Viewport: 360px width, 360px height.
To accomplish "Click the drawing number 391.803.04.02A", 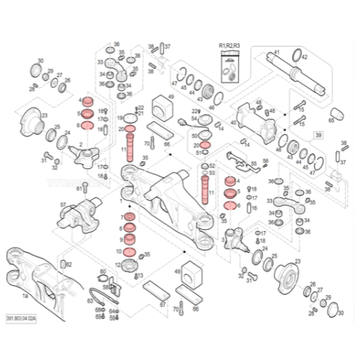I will point(21,318).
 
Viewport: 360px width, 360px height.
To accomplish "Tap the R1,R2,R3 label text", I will point(230,45).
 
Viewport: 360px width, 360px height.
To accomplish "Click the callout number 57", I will point(63,204).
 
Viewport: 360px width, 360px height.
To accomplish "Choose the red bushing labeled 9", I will point(130,238).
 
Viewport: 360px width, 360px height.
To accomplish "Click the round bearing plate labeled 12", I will point(135,264).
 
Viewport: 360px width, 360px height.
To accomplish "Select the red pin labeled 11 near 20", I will point(131,143).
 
